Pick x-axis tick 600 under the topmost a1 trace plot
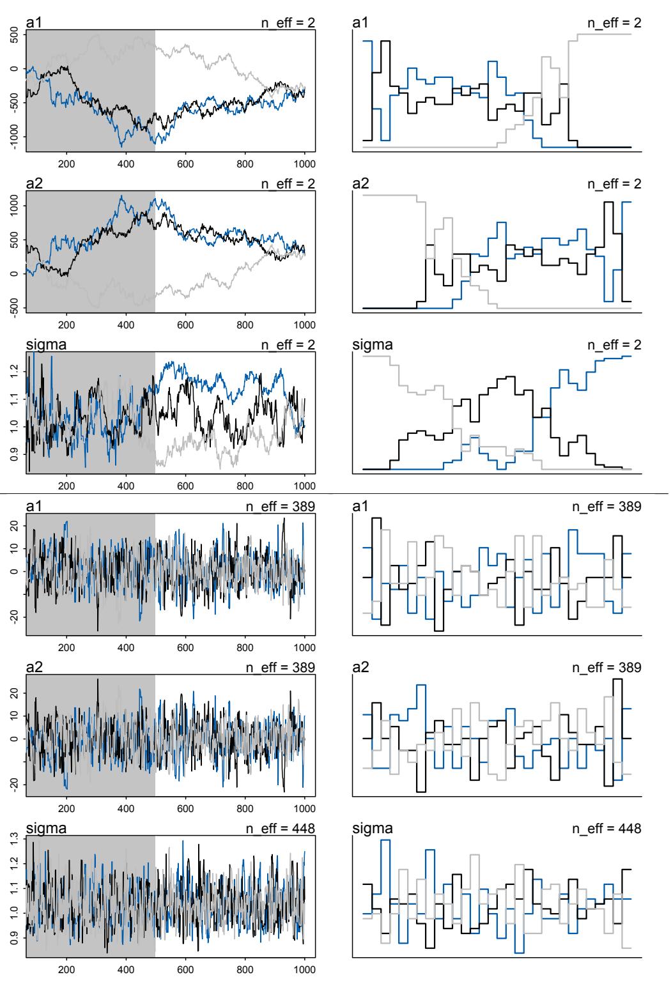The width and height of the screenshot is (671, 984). click(x=185, y=163)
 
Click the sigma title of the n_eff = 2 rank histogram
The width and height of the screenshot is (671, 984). click(x=373, y=346)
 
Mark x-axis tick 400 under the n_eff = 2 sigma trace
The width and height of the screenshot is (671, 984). click(x=126, y=485)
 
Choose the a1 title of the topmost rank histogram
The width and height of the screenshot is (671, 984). click(x=360, y=24)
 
